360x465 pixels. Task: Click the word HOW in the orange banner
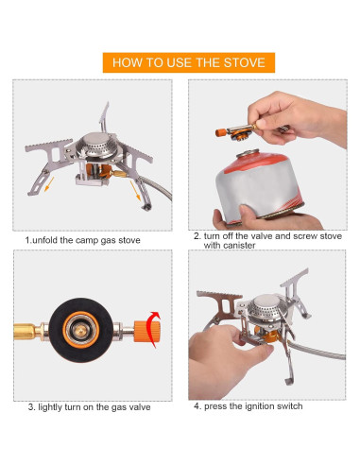[x=127, y=63]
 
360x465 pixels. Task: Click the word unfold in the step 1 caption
[x=51, y=240]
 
